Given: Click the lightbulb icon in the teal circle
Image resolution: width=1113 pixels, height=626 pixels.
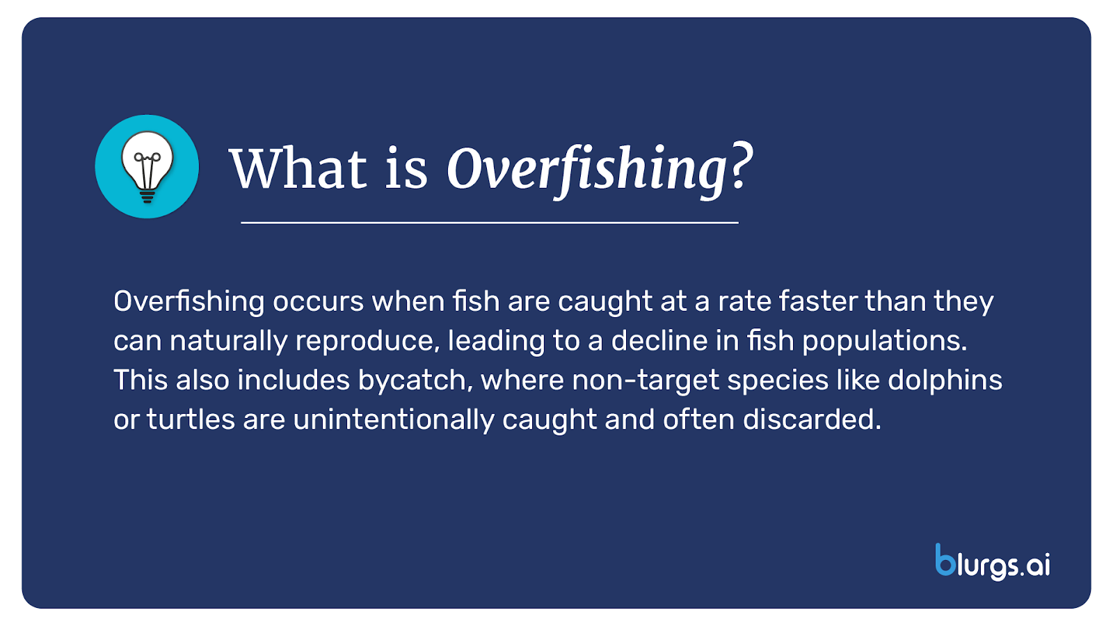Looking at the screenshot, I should tap(147, 167).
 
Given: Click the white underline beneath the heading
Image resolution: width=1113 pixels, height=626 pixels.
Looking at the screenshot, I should tap(489, 223).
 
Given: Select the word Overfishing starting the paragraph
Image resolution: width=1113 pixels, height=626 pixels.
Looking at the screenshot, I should tap(189, 302).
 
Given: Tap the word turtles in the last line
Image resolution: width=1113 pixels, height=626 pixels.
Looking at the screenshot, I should tap(191, 420).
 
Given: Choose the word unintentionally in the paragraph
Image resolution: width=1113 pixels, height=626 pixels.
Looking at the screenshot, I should tap(394, 420).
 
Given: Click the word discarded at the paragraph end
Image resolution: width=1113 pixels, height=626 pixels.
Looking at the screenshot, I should tap(811, 420).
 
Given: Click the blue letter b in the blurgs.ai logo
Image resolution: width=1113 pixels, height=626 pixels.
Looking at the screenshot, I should tap(945, 561).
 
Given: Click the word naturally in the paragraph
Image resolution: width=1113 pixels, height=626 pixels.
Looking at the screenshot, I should tap(228, 342).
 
